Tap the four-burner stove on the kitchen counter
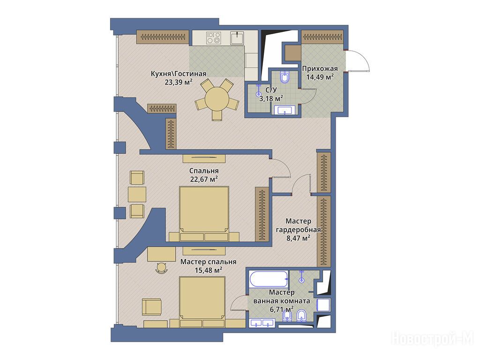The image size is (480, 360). tap(214, 37)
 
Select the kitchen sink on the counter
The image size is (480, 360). tap(237, 37)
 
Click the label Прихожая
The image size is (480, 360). tap(320, 68)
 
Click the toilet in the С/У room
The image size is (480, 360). tap(285, 77)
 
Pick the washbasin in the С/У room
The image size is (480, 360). tap(285, 110)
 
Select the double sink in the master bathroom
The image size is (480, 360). tap(262, 322)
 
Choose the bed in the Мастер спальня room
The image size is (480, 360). tap(202, 302)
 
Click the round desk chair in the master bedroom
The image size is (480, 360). tap(161, 268)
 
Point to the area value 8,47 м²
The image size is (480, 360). tap(299, 238)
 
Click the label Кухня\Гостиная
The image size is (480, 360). tap(179, 74)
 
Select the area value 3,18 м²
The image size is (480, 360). tap(271, 98)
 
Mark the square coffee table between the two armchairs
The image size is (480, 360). tap(137, 195)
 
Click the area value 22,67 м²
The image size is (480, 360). tap(204, 179)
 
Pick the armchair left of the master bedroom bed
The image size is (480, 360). tap(151, 307)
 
